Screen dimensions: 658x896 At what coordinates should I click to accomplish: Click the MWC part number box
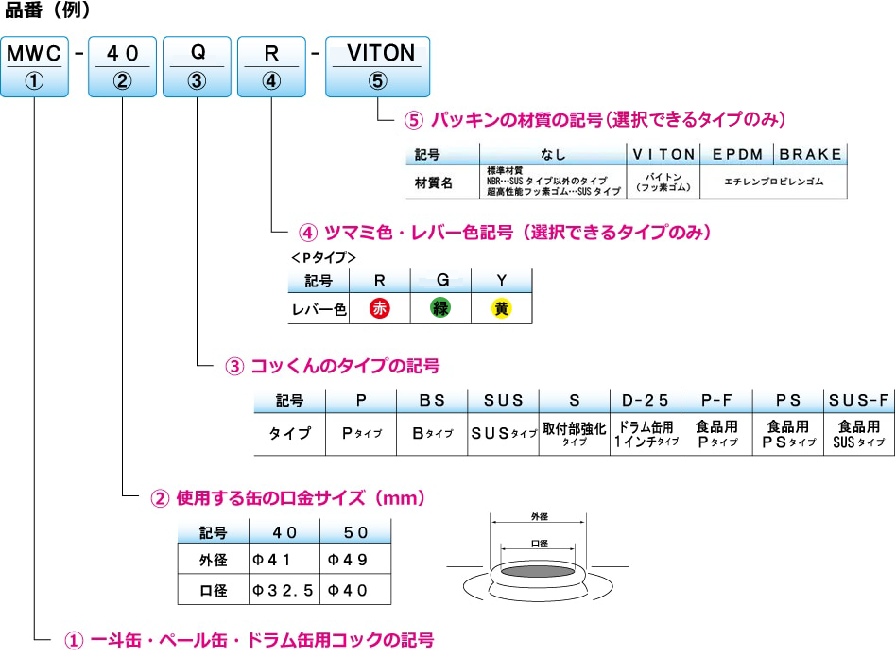point(34,66)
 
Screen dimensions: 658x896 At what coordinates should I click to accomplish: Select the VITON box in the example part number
point(377,66)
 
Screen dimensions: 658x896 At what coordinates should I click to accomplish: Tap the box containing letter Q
point(197,66)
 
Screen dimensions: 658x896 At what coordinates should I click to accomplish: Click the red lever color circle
point(379,308)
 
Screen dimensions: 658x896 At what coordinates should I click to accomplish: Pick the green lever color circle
point(440,308)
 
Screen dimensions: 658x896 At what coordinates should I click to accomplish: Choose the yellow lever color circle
point(501,308)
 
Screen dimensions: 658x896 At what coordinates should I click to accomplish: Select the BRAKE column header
point(810,154)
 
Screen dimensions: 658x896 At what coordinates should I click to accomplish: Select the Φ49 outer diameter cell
point(354,560)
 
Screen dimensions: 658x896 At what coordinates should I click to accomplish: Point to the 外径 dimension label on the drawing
point(540,517)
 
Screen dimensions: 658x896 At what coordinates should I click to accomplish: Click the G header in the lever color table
point(440,281)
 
